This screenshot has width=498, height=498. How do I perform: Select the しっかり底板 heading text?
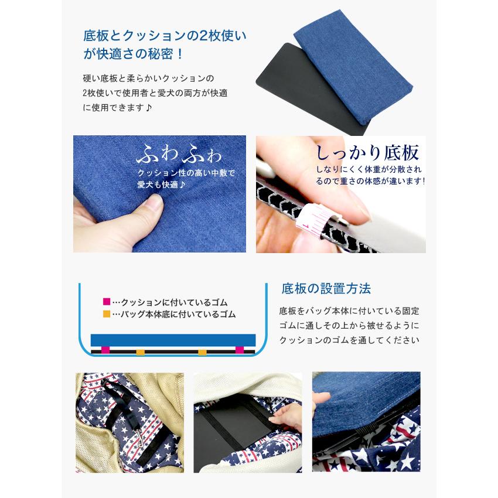367,154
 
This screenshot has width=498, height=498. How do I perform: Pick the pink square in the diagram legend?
106,302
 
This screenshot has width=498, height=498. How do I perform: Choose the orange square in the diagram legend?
106,314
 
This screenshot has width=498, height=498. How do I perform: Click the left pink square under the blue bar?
105,351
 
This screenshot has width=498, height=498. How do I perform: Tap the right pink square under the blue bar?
239,351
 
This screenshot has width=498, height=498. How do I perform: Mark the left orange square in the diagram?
140,352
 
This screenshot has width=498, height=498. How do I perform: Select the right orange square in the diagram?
202,352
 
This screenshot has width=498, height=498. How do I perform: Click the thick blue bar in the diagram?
173,340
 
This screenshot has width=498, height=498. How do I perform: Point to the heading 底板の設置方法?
326,289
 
